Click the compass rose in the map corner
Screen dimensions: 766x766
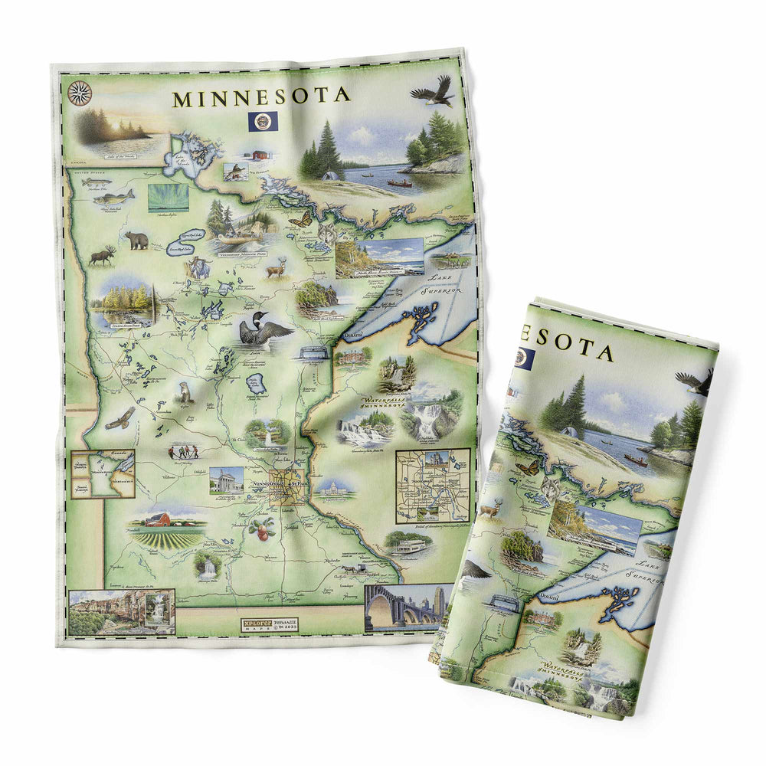79,93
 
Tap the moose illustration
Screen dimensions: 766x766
101,255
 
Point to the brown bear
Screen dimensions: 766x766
136,240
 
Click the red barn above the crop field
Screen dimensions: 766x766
159,519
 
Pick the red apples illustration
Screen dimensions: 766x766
264,528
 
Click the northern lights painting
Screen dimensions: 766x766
168,198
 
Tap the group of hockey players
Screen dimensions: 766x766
184,451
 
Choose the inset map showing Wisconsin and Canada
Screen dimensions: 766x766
103,473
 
